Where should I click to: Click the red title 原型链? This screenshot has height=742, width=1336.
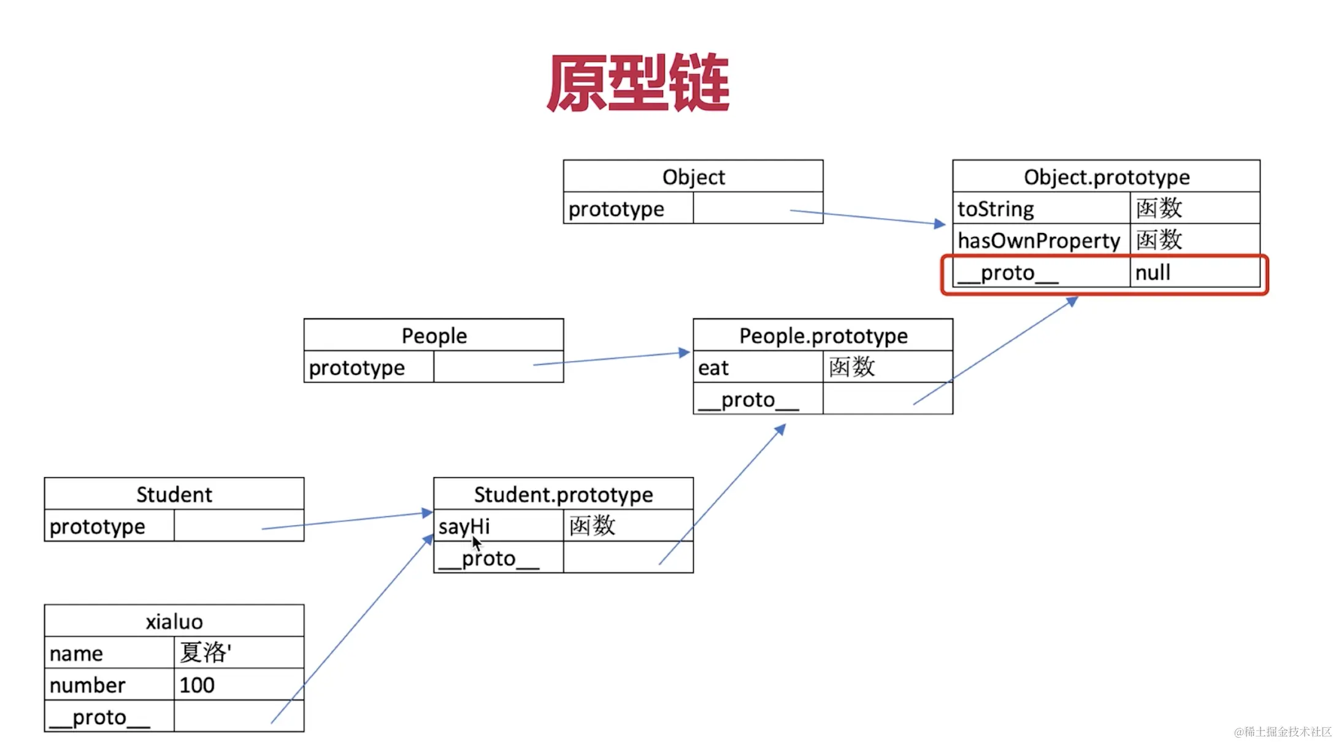point(638,83)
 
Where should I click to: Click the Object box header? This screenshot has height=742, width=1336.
point(693,177)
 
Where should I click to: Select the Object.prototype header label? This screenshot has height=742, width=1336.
point(1106,177)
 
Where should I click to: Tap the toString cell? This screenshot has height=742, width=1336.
point(1040,208)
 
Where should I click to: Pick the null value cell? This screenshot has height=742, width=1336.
point(1194,272)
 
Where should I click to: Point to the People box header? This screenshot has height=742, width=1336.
point(434,335)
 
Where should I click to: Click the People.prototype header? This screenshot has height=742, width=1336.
point(823,335)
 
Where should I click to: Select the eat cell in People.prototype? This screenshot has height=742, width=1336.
point(758,367)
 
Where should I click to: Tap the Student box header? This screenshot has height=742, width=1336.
point(174,494)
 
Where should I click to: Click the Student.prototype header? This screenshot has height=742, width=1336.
point(563,494)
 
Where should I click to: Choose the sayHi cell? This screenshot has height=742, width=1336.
point(498,526)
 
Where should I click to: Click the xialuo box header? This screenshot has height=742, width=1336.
point(174,621)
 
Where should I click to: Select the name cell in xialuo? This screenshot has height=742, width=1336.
point(109,653)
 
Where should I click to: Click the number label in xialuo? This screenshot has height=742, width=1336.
point(88,685)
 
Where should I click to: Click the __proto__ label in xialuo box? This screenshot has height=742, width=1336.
point(99,717)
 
